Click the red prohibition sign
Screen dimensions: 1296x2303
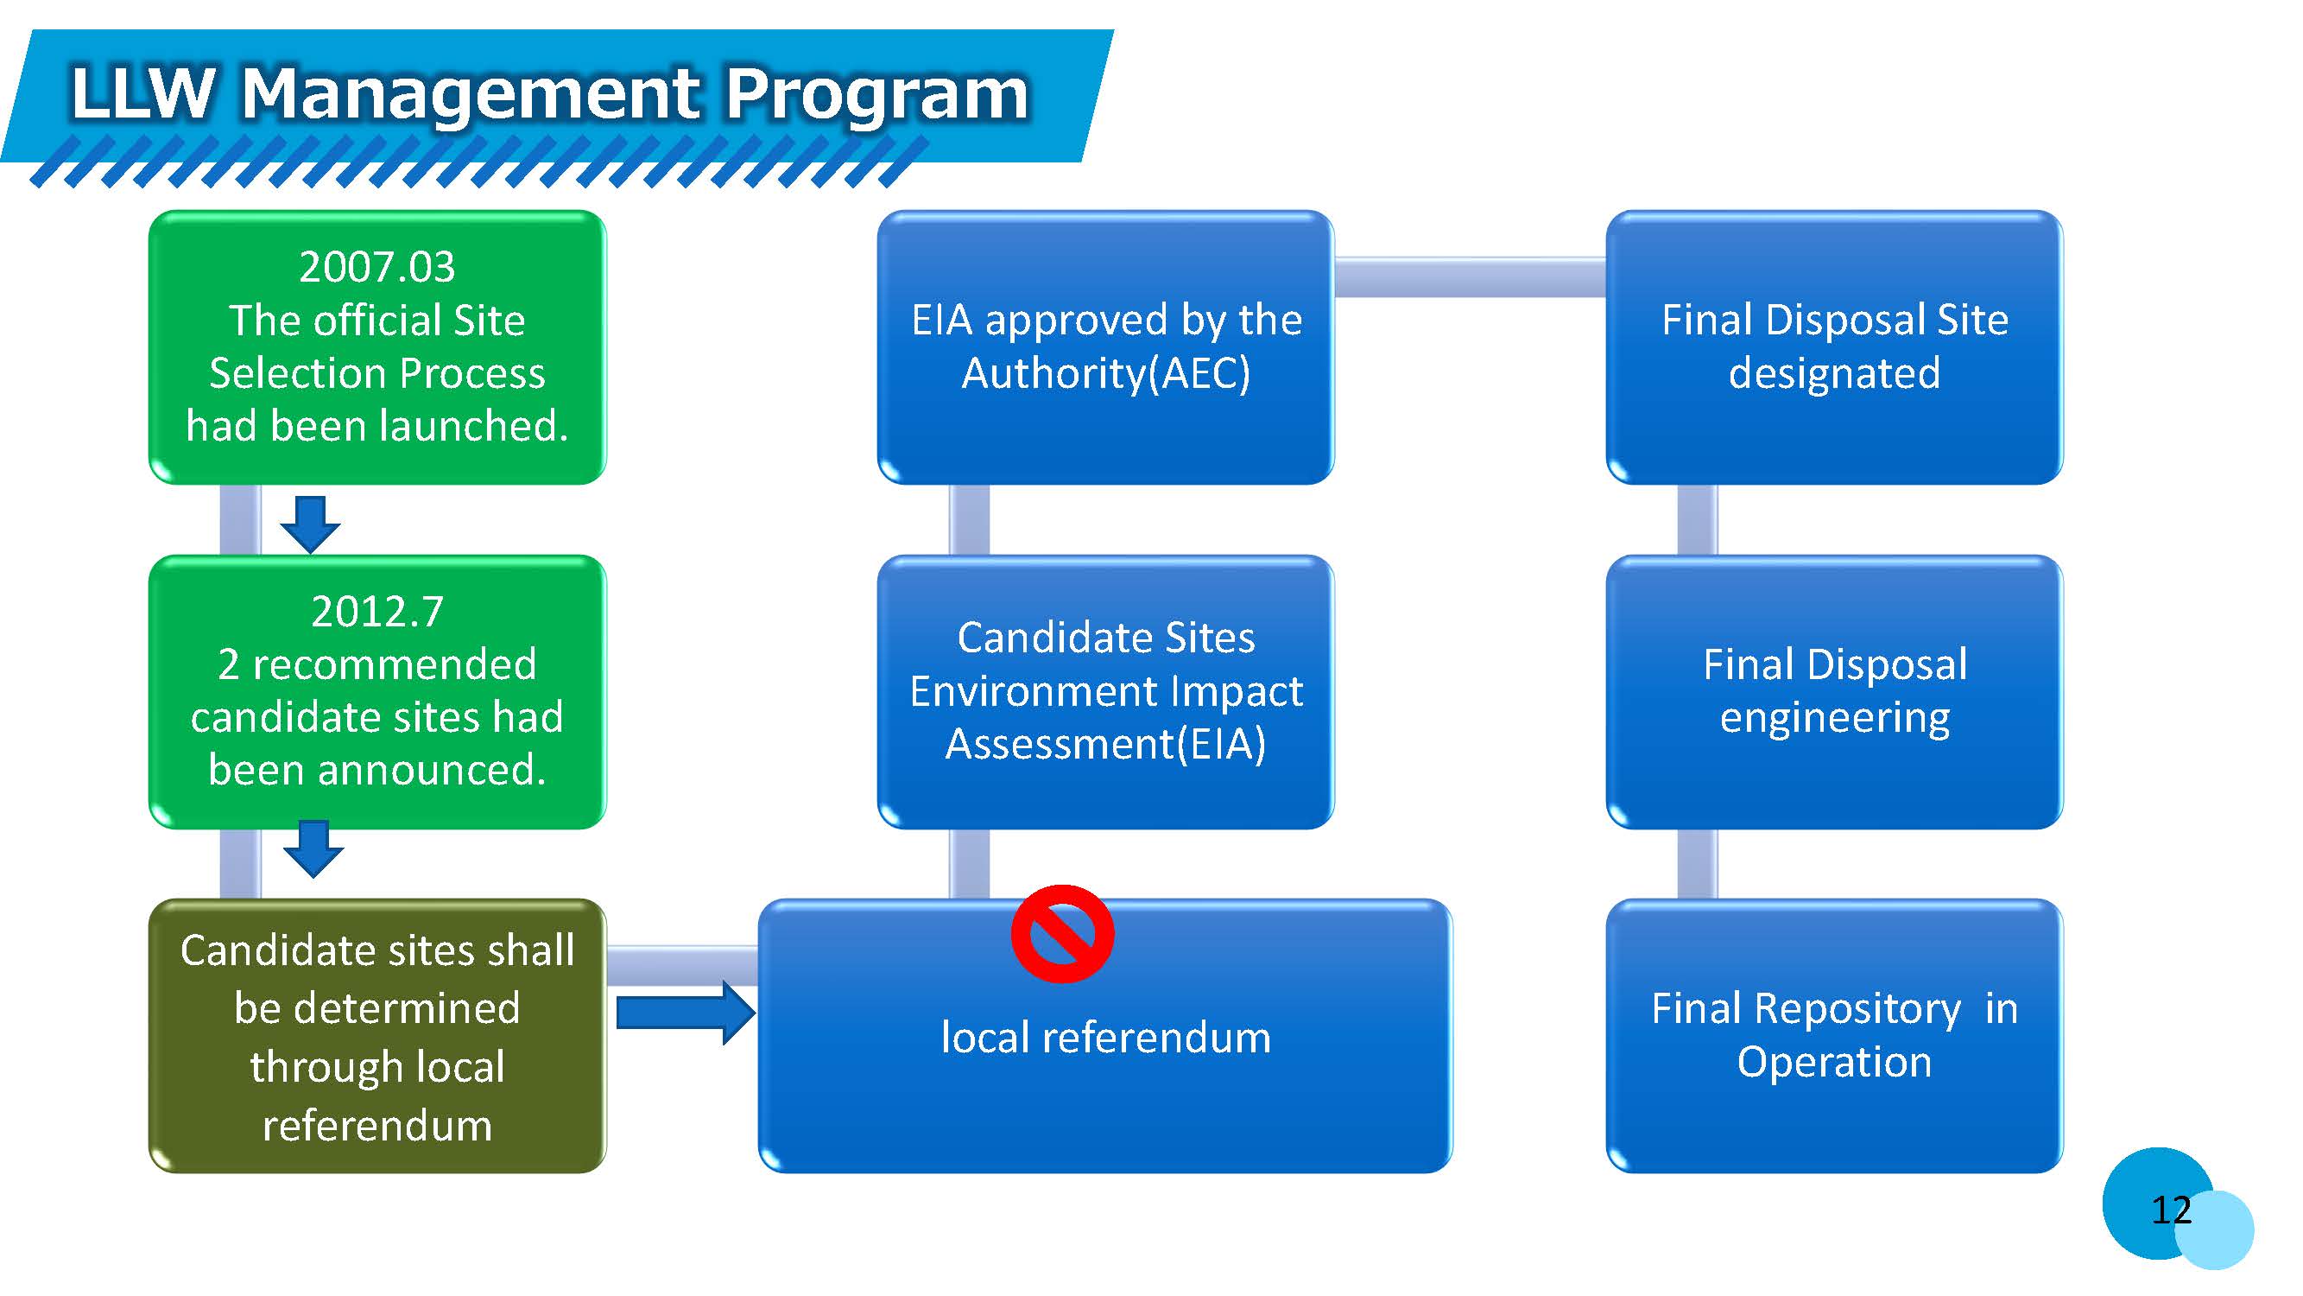(1061, 934)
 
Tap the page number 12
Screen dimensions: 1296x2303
(2171, 1210)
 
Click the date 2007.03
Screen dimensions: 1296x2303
(376, 266)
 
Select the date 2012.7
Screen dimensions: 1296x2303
(376, 612)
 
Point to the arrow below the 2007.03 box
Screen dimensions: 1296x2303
(309, 524)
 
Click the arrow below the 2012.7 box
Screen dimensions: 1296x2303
(313, 848)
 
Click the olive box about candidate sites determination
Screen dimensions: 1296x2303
(376, 1035)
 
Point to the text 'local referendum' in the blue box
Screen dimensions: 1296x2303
(1105, 1038)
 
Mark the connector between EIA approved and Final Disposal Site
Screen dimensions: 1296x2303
(1470, 276)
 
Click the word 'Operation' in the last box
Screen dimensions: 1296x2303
(1833, 1063)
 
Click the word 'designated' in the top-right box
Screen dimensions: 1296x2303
(1833, 373)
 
